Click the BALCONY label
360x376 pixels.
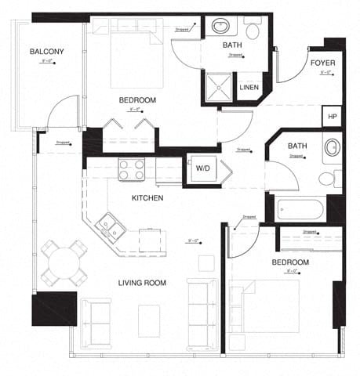tap(47, 52)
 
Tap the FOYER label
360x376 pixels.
tap(323, 62)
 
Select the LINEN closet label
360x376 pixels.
tap(249, 87)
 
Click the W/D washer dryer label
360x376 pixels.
tap(202, 168)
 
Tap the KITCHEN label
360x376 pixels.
tap(147, 198)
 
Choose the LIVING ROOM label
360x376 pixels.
tap(142, 283)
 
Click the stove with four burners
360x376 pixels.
tap(131, 169)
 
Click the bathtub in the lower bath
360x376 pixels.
tap(300, 210)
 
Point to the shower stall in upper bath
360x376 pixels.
tap(219, 87)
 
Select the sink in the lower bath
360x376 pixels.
tap(332, 148)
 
